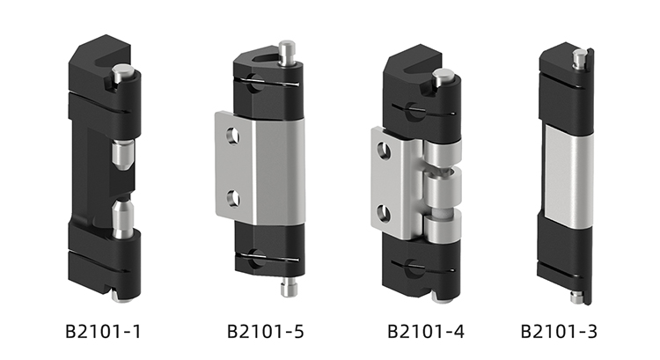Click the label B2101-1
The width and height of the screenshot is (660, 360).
(x=103, y=331)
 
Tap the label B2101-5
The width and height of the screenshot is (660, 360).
(x=265, y=331)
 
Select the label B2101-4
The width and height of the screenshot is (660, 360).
(x=426, y=331)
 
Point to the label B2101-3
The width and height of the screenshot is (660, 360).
(x=559, y=331)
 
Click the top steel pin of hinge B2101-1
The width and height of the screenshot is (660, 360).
(x=121, y=73)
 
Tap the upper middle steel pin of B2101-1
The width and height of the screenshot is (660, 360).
(x=122, y=155)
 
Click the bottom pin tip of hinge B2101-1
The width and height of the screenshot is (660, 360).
(x=121, y=297)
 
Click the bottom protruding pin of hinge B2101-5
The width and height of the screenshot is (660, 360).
(x=289, y=287)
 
